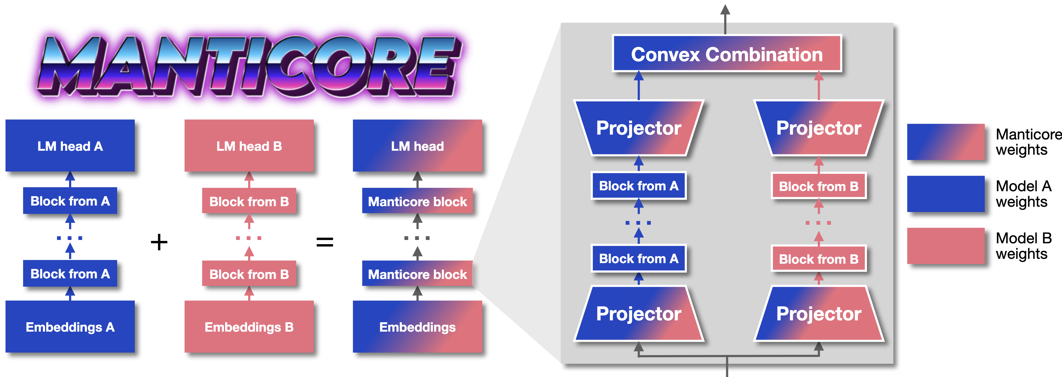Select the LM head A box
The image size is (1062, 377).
pyautogui.click(x=70, y=146)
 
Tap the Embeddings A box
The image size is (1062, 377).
pyautogui.click(x=70, y=327)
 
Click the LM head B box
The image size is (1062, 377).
pyautogui.click(x=249, y=146)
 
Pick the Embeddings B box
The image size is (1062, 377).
pyautogui.click(x=249, y=327)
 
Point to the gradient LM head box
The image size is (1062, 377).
pyautogui.click(x=417, y=146)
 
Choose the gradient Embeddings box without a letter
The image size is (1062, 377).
pyautogui.click(x=417, y=327)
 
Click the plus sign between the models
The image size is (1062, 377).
pyautogui.click(x=159, y=242)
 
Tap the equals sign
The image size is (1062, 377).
pyautogui.click(x=325, y=242)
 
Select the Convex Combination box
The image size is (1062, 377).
pyautogui.click(x=727, y=54)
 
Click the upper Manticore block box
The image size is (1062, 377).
pyautogui.click(x=417, y=201)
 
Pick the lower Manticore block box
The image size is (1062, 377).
pyautogui.click(x=417, y=273)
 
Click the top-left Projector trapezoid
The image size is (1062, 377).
pyautogui.click(x=639, y=128)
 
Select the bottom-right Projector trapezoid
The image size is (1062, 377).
pyautogui.click(x=819, y=313)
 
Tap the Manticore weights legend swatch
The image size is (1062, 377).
pyautogui.click(x=946, y=142)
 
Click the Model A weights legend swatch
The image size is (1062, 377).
pyautogui.click(x=946, y=194)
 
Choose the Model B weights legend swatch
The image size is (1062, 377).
pyautogui.click(x=946, y=246)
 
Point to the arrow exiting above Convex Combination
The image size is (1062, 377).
pyautogui.click(x=725, y=19)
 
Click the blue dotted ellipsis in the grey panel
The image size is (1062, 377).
pyautogui.click(x=638, y=223)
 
